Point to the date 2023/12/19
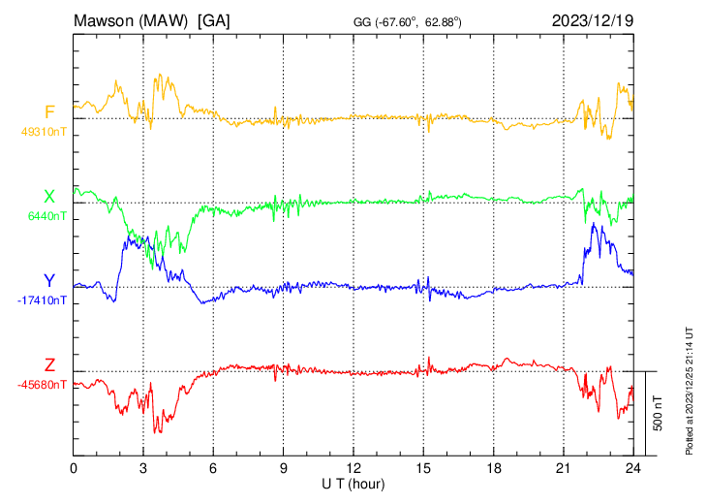[592, 19]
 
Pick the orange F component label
[49, 112]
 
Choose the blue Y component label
[49, 282]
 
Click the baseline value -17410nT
[43, 300]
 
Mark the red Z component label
[49, 365]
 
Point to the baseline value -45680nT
[43, 385]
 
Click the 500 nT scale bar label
[658, 412]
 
